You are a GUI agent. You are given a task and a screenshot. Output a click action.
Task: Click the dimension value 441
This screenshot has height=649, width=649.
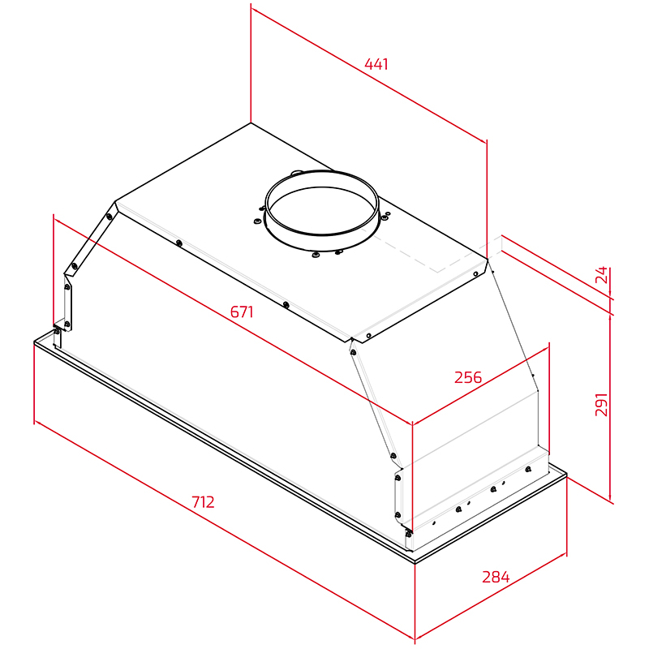[376, 64]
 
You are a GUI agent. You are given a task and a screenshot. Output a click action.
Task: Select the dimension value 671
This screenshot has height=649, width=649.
[242, 312]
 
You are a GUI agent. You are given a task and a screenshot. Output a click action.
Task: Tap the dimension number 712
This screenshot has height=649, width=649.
[204, 502]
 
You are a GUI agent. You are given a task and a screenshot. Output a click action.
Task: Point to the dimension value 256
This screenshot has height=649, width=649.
[468, 377]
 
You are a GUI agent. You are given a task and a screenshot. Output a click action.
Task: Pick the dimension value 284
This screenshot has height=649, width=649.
[496, 577]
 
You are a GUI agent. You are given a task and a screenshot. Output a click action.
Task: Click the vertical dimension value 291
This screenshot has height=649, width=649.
[601, 404]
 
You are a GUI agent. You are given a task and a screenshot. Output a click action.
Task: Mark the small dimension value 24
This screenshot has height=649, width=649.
[601, 274]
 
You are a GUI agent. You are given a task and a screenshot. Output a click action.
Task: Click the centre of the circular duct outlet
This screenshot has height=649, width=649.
[321, 209]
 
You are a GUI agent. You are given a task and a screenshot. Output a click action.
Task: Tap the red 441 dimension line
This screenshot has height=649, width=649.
[369, 75]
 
